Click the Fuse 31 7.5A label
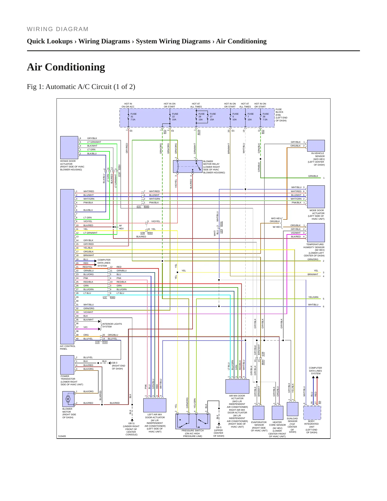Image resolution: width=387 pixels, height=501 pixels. tap(133, 117)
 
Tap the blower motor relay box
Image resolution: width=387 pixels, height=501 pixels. tap(187, 167)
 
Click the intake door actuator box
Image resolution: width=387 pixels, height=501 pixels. tap(69, 148)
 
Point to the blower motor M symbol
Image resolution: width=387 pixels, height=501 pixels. tap(68, 399)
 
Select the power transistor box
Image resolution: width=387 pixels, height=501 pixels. tap(67, 365)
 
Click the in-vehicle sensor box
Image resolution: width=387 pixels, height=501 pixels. tap(316, 146)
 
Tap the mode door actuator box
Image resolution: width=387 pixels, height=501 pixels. tap(316, 197)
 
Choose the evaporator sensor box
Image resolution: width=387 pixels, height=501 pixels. tap(258, 413)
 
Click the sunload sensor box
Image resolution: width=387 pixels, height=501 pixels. tap(292, 409)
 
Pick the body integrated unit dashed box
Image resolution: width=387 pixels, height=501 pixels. tap(312, 413)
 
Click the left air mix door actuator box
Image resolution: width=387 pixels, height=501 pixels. tap(155, 405)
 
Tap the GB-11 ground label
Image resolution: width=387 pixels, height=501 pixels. tap(131, 423)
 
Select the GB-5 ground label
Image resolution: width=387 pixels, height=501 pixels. tap(219, 427)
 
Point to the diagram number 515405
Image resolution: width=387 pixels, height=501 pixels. tap(62, 436)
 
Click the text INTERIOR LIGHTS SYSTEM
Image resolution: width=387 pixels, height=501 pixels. tap(112, 325)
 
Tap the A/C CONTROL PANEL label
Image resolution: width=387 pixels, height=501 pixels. tap(68, 347)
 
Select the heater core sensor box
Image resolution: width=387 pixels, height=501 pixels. tap(277, 413)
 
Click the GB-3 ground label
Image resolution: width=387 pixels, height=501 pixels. tap(115, 363)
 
